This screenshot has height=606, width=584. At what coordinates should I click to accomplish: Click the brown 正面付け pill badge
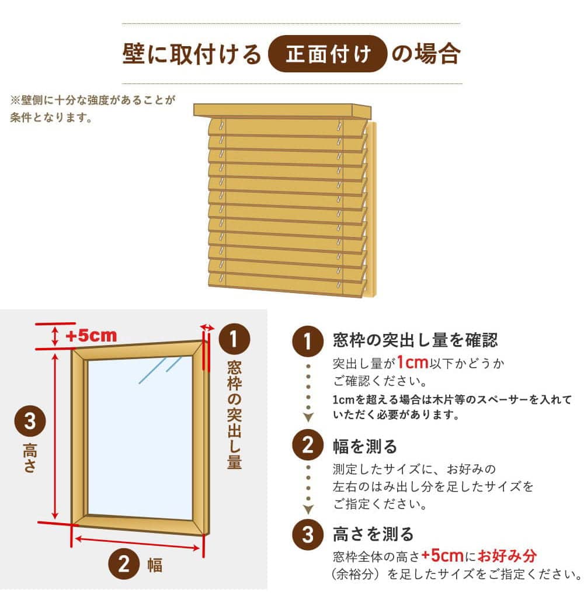click(328, 54)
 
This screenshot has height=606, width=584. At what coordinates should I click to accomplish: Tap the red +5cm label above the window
click(91, 336)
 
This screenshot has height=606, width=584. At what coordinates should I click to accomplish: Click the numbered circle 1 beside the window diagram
click(234, 339)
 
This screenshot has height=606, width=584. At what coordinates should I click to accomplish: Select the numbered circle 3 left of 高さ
click(30, 421)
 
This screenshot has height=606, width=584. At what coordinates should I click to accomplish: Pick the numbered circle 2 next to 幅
click(124, 564)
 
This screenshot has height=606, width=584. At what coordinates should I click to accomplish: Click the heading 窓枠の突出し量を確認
click(415, 340)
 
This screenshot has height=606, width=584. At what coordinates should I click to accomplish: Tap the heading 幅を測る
click(365, 447)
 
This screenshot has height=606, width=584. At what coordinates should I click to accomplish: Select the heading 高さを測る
click(373, 535)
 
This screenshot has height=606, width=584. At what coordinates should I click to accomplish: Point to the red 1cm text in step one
click(412, 363)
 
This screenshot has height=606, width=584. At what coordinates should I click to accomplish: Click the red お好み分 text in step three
click(507, 556)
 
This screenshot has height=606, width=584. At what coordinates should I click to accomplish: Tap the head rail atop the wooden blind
click(282, 111)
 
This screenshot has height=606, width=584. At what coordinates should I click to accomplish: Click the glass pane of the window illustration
click(140, 438)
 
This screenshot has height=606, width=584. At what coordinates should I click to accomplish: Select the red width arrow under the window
click(137, 543)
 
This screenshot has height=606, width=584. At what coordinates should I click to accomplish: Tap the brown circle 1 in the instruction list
click(308, 341)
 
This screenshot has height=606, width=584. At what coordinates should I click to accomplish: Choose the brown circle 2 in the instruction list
click(308, 445)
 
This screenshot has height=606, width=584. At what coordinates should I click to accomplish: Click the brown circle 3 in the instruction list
click(308, 535)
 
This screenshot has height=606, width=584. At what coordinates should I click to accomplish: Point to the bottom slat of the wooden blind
click(287, 285)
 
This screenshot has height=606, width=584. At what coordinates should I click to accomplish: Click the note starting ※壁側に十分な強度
click(93, 109)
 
